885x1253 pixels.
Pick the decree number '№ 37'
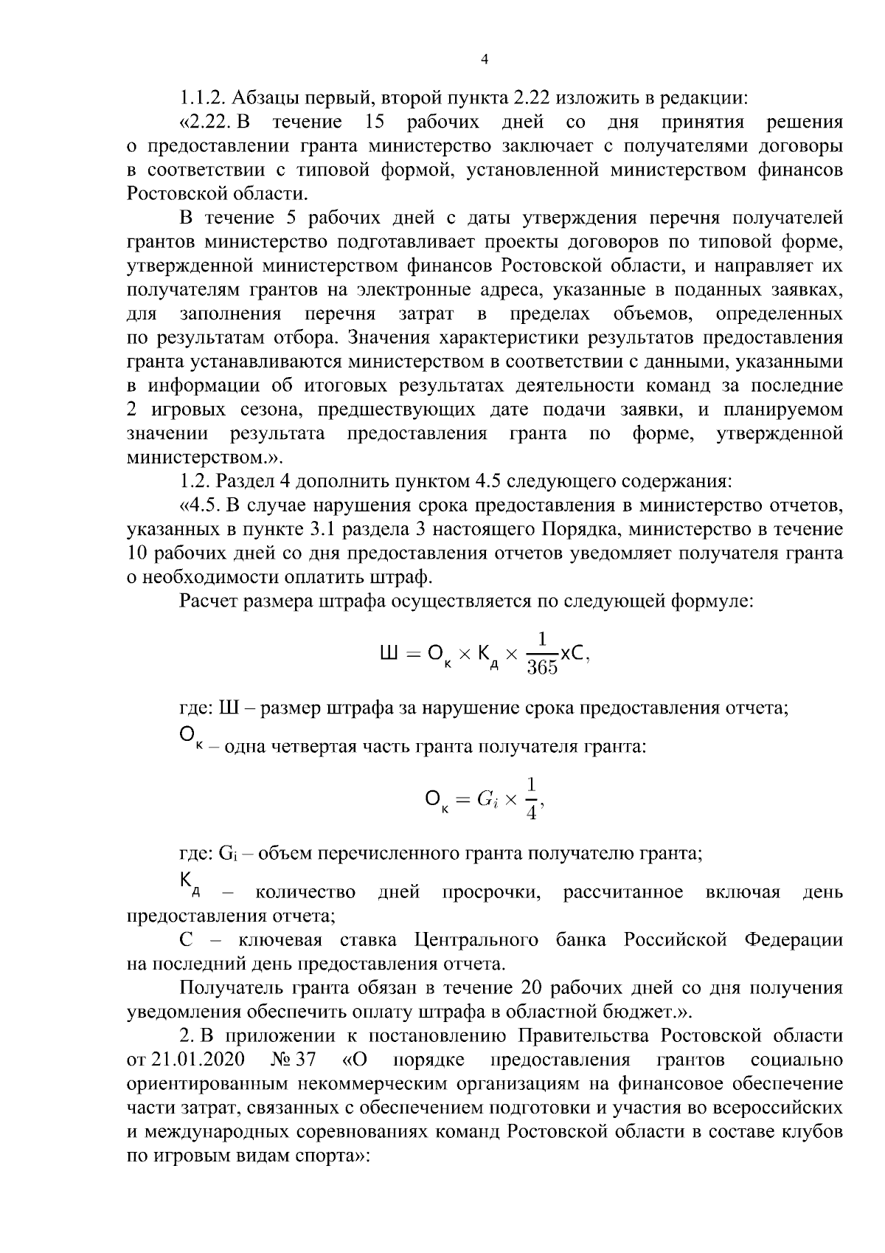294,1060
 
